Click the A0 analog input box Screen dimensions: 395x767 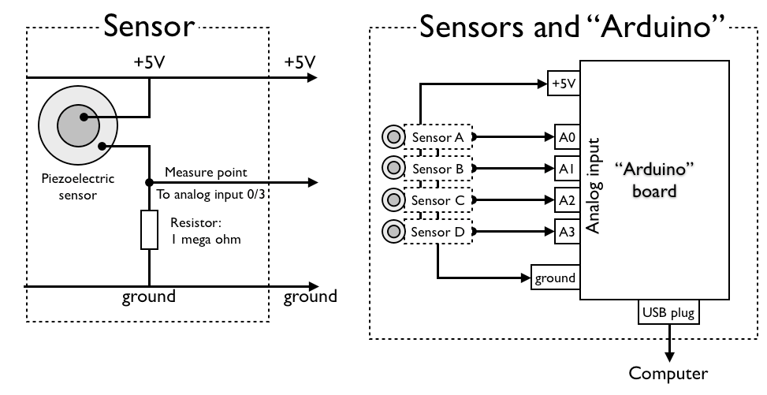coord(566,137)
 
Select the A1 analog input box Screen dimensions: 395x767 coord(566,169)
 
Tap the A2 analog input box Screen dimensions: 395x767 coord(566,200)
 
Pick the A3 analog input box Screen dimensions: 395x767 coord(566,232)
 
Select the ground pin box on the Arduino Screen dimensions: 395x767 coord(556,278)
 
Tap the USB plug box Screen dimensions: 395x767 coord(668,313)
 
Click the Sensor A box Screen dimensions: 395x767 coord(437,137)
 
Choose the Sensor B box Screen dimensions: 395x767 coord(437,169)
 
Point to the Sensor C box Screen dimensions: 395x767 coord(437,200)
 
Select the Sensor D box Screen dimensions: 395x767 coord(437,232)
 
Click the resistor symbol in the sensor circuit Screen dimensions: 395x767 coord(149,230)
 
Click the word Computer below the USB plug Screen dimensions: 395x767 coord(668,373)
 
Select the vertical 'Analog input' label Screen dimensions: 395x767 coord(594,186)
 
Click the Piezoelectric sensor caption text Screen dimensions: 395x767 coord(77,187)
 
